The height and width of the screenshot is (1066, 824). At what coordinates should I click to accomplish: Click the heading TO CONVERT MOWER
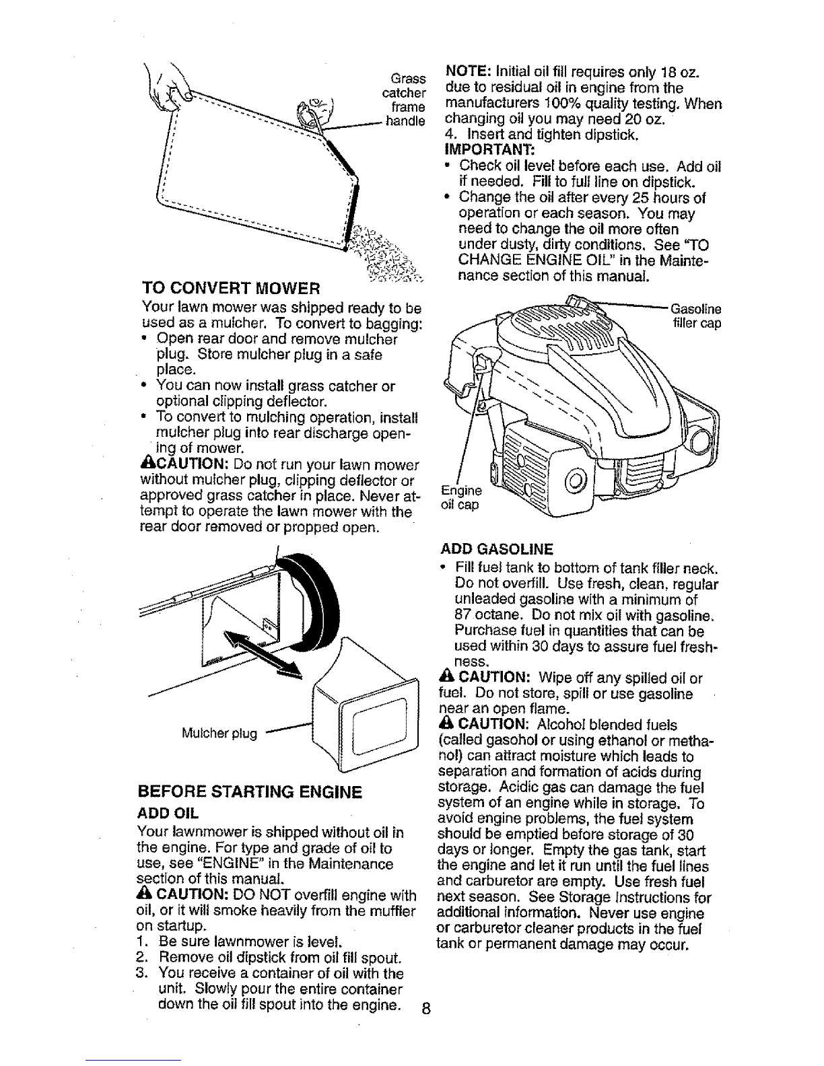[x=230, y=289]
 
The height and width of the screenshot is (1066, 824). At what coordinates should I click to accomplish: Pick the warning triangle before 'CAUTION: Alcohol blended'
[x=445, y=725]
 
